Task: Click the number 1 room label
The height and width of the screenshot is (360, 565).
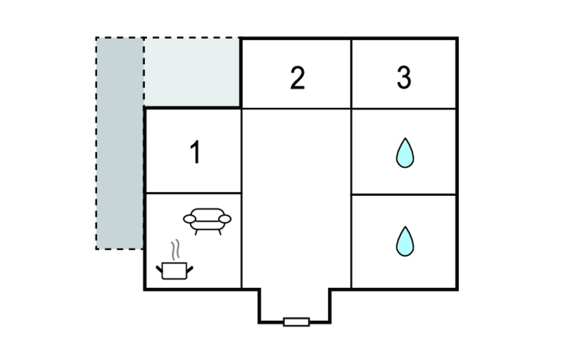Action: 195,152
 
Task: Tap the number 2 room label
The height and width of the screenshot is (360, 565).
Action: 297,78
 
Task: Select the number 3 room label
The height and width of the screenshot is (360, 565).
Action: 404,77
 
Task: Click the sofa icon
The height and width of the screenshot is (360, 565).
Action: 207,221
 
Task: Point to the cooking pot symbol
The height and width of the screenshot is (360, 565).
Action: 174,271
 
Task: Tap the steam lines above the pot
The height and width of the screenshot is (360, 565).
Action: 175,250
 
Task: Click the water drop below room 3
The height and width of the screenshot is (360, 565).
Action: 405,153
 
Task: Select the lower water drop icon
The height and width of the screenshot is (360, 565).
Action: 405,241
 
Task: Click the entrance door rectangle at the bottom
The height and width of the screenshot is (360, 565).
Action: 296,322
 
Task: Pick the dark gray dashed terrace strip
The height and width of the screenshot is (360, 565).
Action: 120,143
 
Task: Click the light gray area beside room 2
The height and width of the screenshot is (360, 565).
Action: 192,72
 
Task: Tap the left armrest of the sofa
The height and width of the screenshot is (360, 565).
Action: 190,219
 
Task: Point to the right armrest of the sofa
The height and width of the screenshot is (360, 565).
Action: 225,219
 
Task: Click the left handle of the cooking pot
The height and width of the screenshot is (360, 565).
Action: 159,269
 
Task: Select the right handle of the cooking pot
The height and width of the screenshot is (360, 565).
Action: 190,269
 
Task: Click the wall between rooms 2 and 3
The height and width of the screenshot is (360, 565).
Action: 351,73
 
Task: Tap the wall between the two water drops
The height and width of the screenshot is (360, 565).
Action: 403,195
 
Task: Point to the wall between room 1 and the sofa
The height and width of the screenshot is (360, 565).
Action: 193,193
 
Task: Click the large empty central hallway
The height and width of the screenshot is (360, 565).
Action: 296,198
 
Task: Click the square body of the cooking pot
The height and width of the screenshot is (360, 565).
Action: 174,271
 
